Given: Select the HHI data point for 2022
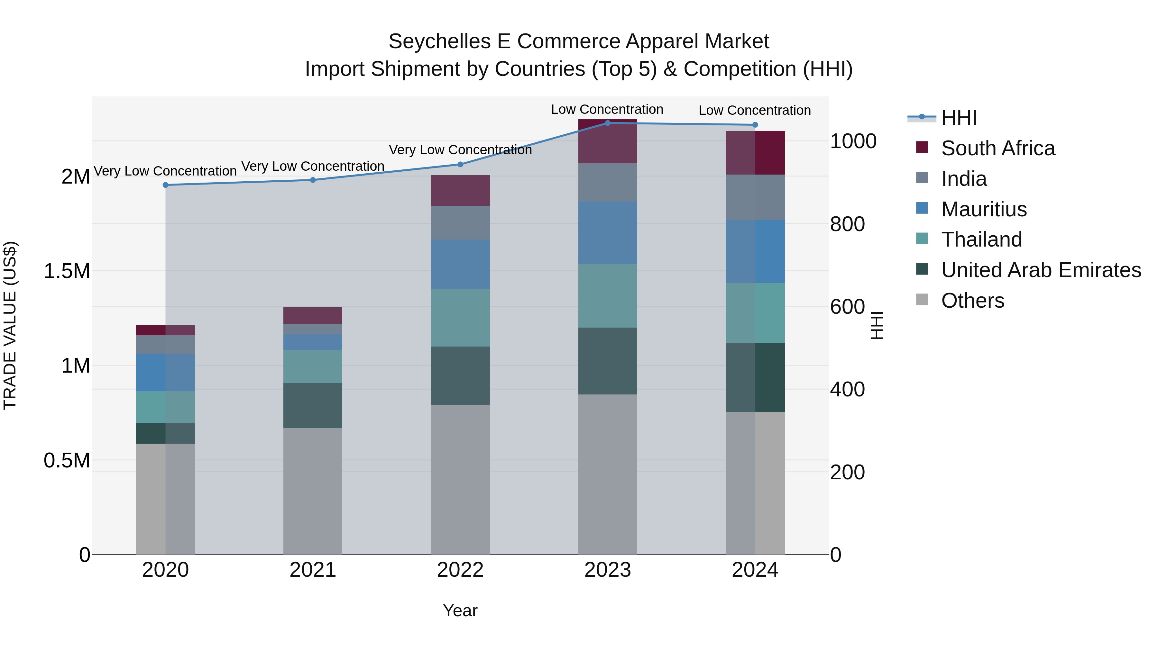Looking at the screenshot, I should (x=460, y=164).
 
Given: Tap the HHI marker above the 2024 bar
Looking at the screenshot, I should (x=755, y=125).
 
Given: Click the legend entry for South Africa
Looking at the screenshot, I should (x=997, y=148).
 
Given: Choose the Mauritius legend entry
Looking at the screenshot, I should (x=984, y=209).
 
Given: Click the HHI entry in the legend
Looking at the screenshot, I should (x=959, y=118).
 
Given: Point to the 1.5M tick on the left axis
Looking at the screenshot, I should (x=67, y=271).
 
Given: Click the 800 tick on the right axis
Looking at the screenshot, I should (x=847, y=224).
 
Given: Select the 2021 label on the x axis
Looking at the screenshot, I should (x=313, y=570).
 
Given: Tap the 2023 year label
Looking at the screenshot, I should (x=607, y=570).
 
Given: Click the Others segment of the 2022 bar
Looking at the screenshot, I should (x=460, y=479).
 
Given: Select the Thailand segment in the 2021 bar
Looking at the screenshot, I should (x=313, y=366).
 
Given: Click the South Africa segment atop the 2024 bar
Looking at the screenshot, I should (x=755, y=153).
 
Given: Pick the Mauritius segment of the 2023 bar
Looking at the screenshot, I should (x=607, y=233).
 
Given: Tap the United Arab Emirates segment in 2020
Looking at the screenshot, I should (x=165, y=433).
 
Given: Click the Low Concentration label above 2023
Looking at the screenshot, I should (x=607, y=109).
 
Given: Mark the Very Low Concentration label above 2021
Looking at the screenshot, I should (x=313, y=166).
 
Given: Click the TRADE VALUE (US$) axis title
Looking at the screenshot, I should (x=10, y=325).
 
